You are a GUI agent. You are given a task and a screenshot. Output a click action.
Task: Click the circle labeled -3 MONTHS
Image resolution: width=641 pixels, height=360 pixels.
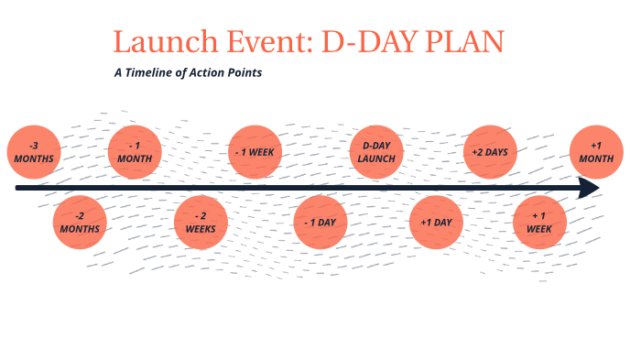point(34,152)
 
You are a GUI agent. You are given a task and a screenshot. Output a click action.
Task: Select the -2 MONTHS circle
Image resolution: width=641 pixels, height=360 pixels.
point(80,223)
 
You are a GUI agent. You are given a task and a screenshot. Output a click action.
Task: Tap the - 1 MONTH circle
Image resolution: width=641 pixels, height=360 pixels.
point(135,151)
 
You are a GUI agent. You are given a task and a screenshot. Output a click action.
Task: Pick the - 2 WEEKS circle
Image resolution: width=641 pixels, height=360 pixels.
point(201,223)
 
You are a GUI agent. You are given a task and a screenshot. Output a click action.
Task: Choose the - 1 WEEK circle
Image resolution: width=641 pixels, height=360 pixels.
point(254,151)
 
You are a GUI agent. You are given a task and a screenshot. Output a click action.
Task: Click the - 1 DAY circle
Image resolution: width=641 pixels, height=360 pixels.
point(320,223)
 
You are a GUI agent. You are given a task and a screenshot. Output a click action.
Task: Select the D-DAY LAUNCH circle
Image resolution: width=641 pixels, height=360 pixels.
point(377,151)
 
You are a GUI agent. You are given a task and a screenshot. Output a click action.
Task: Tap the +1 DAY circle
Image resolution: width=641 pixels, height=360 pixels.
point(436,223)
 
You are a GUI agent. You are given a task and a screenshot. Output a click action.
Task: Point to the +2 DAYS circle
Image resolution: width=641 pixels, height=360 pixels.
point(490,151)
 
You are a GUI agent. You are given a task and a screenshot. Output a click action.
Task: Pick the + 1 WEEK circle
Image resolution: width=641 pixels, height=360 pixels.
point(539,223)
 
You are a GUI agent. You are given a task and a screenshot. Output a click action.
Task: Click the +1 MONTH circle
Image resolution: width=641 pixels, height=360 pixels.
point(596,151)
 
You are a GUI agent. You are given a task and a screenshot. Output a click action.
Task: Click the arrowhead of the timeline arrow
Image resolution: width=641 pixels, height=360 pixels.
point(590,188)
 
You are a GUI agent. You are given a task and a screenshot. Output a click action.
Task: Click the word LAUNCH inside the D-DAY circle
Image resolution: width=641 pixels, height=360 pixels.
point(377,158)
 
